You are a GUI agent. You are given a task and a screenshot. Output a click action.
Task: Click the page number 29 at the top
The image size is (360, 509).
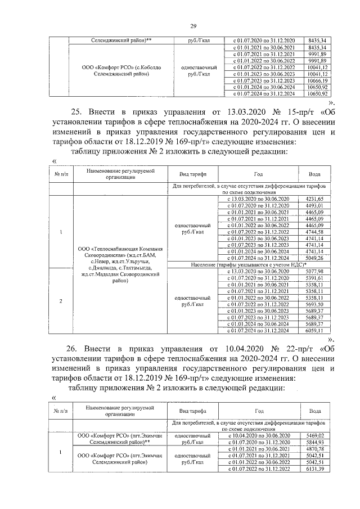[x=193, y=26]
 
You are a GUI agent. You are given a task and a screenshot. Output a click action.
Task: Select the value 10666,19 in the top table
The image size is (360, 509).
[x=318, y=81]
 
